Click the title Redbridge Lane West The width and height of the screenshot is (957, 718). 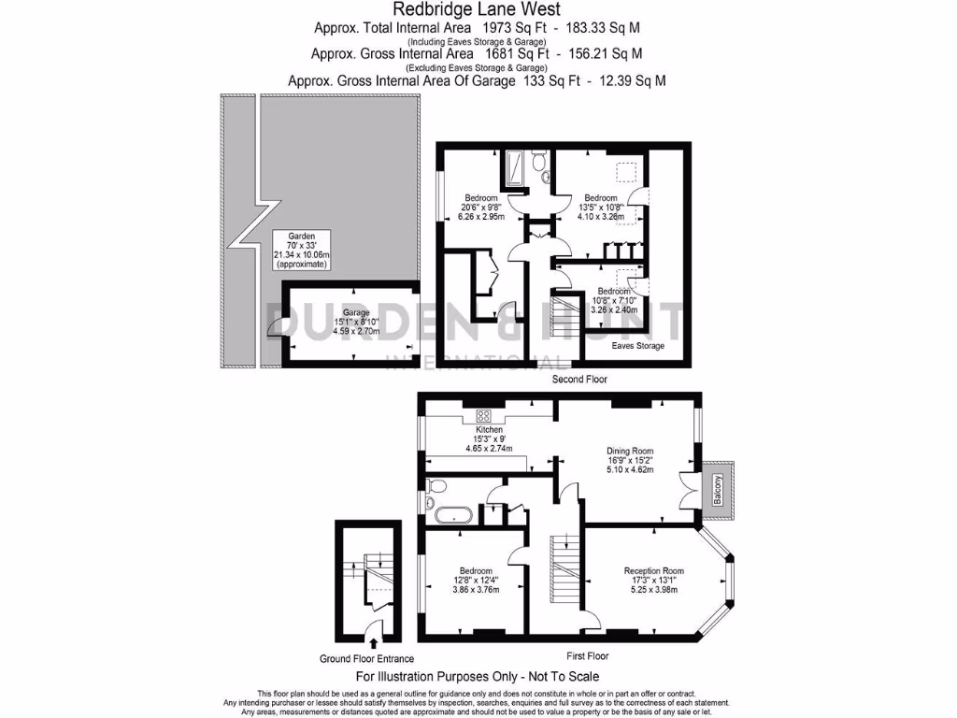point(477,9)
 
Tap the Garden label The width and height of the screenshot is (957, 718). point(301,237)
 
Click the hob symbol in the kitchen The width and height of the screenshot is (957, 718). point(485,416)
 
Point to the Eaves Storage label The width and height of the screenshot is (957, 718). point(638,346)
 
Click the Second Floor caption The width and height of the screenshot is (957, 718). point(579,380)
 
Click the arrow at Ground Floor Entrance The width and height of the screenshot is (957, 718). point(375,643)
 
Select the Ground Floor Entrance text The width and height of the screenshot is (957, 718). point(363,658)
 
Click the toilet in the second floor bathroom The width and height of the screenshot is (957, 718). point(538,165)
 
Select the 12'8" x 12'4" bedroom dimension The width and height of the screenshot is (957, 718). point(476,580)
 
